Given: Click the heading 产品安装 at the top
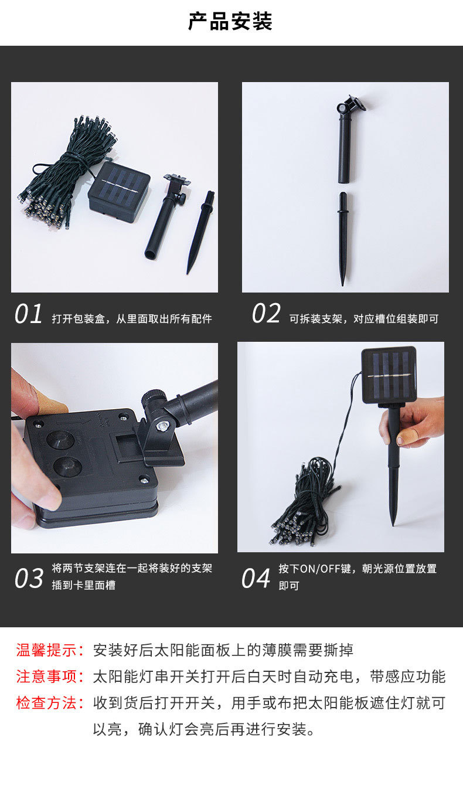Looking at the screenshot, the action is coord(230,22).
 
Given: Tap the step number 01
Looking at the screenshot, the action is coord(28,314).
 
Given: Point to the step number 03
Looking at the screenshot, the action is coord(29,578).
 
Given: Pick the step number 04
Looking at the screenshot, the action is coord(256,578).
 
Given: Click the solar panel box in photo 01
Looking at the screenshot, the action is coord(119,192).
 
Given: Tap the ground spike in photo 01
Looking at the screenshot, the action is coord(200,232).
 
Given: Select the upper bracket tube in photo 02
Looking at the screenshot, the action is coord(347,140).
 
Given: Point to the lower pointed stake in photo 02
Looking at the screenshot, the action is coord(343,238).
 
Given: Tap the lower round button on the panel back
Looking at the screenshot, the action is coord(67,467).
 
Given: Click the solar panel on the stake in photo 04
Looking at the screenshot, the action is coord(389,375).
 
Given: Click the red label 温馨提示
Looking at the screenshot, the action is coord(46,650).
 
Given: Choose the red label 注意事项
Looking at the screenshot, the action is coord(46,677).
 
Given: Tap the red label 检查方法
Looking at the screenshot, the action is coord(46,704).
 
